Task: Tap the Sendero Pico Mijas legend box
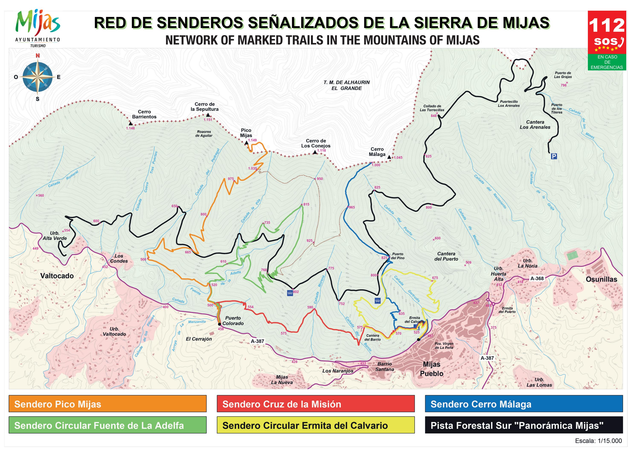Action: tap(108, 404)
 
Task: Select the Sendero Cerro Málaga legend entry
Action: tap(524, 404)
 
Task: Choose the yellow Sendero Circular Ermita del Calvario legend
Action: tap(316, 425)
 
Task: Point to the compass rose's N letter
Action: tap(38, 56)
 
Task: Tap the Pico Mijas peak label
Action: tap(246, 133)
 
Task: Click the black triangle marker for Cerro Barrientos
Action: tap(131, 123)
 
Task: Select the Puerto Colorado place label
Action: tap(233, 321)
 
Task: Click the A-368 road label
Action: tap(537, 278)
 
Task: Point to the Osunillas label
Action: tap(601, 279)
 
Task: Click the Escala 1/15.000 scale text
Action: tap(598, 441)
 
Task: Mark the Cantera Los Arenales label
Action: tap(535, 125)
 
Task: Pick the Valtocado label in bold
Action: tap(57, 276)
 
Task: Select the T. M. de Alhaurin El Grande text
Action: tap(346, 85)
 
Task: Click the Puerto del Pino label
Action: tap(398, 256)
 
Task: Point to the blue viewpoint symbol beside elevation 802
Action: tap(290, 293)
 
